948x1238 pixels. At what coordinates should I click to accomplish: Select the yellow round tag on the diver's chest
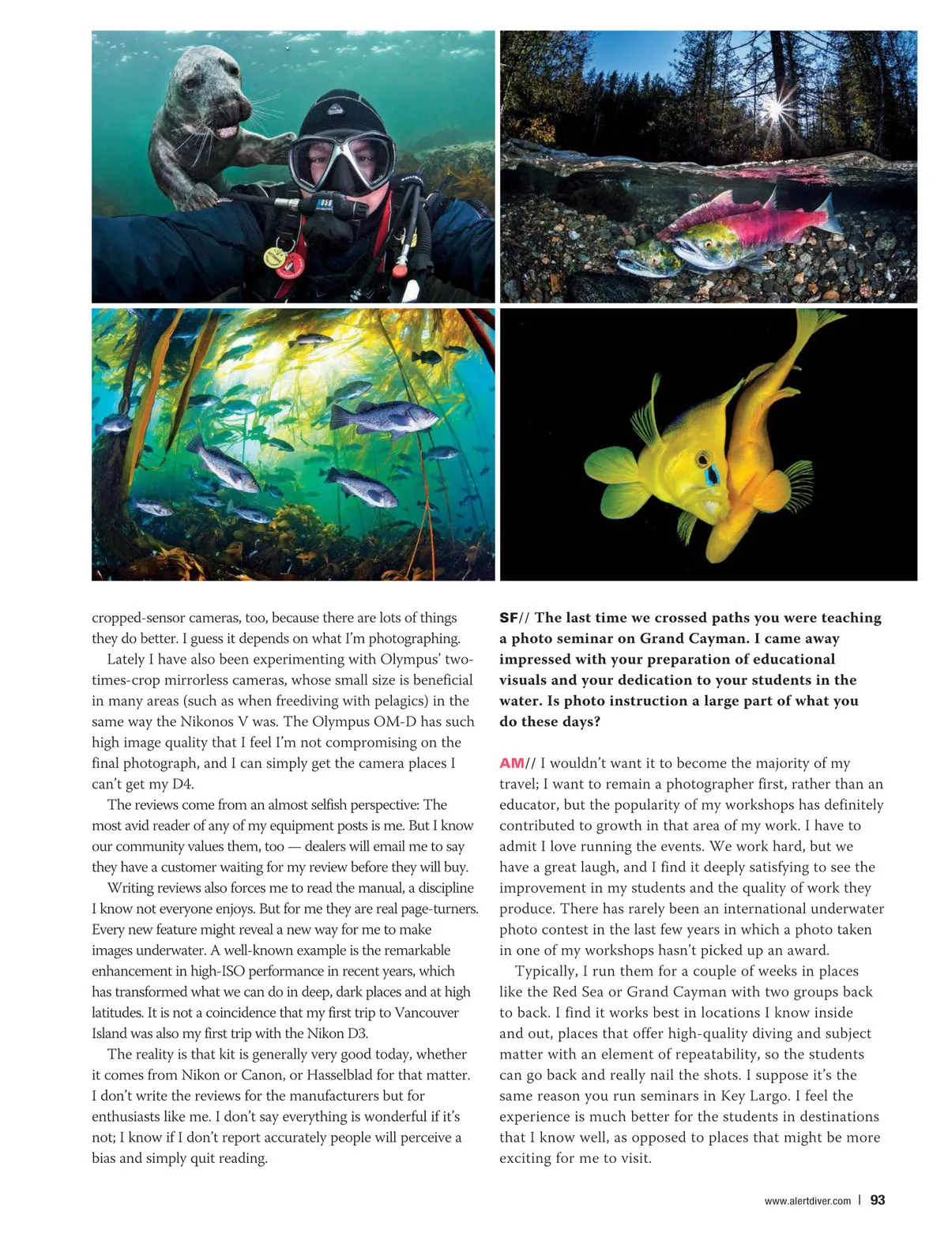tap(274, 258)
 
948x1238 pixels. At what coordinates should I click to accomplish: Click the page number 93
tap(877, 1200)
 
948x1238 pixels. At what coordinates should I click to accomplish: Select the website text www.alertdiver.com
tap(807, 1201)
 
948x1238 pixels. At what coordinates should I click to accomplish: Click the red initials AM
tap(511, 763)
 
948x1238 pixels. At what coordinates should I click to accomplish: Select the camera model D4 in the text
tap(182, 784)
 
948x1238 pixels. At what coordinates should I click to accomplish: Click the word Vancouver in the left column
tap(427, 1012)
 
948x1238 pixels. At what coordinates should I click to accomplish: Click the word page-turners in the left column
tap(438, 909)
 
